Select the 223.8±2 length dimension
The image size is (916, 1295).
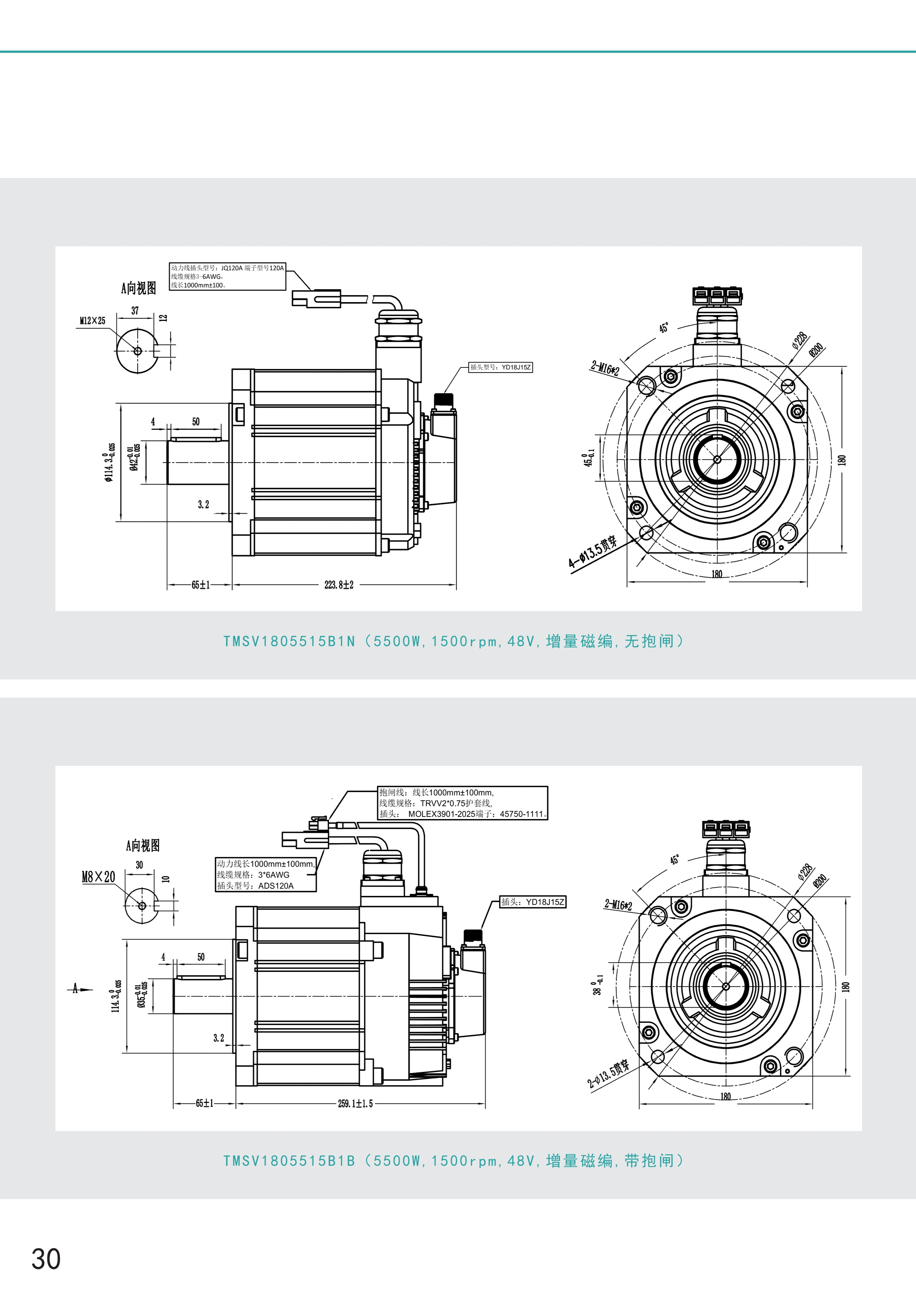(339, 585)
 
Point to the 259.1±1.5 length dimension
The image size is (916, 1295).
(355, 1103)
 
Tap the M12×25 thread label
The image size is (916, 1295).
(92, 321)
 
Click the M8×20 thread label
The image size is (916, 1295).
(99, 877)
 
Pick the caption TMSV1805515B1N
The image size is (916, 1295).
(289, 641)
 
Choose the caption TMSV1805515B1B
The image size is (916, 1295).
(289, 1160)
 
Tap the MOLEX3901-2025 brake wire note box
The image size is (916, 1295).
(462, 803)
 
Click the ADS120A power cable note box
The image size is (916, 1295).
(266, 875)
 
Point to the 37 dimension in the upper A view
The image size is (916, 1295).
(135, 311)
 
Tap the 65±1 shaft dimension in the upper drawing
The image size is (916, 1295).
(200, 585)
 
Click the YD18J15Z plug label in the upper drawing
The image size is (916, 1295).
(500, 367)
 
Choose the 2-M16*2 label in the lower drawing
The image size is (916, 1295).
(618, 905)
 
